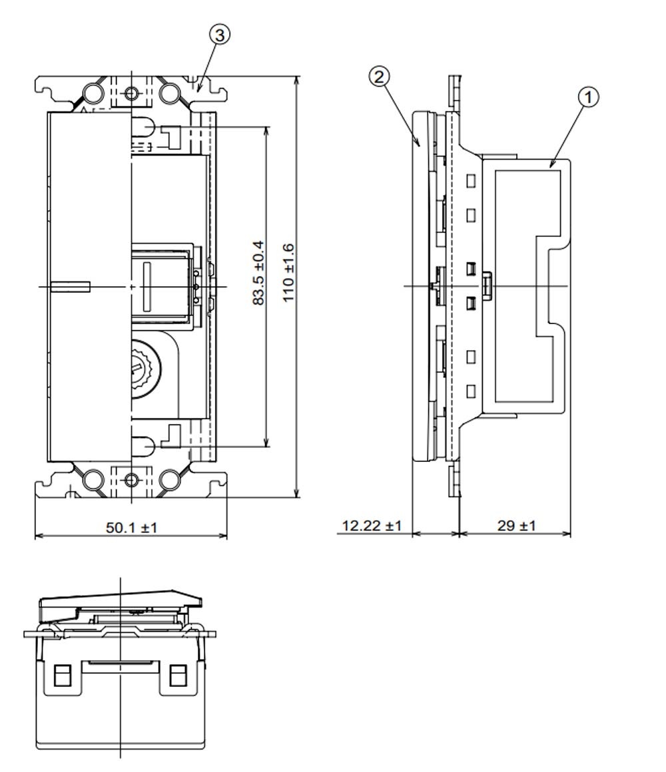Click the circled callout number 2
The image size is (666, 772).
(x=379, y=77)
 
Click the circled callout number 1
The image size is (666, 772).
(x=588, y=97)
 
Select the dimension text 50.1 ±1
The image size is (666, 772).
(x=131, y=528)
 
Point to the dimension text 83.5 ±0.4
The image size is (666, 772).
(x=258, y=273)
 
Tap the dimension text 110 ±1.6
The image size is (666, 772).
(x=288, y=273)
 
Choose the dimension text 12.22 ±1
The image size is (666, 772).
(x=372, y=526)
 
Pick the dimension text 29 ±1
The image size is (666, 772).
(x=515, y=526)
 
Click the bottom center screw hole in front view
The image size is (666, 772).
(x=131, y=480)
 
